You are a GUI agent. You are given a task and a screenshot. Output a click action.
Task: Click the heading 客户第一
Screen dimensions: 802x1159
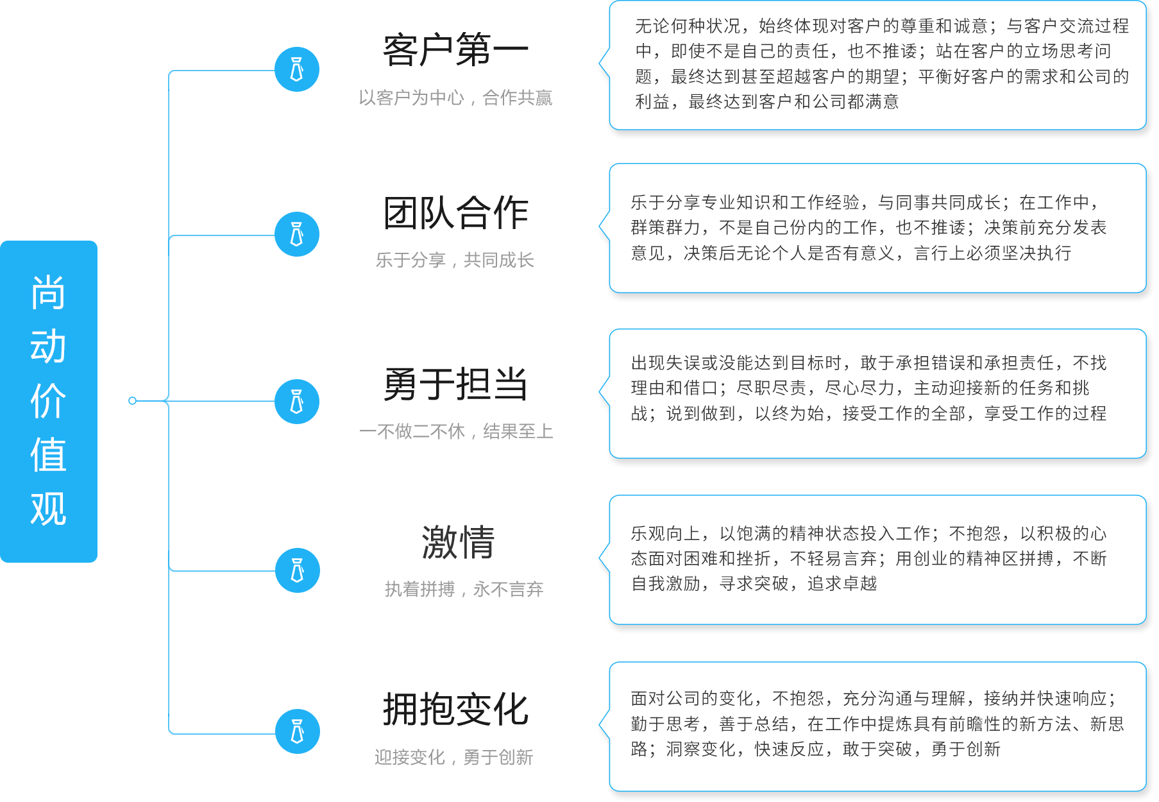[x=455, y=51]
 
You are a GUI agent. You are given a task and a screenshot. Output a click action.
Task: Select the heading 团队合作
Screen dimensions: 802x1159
[x=455, y=214]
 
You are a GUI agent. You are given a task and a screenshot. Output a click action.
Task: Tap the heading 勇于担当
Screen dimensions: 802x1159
[x=455, y=384]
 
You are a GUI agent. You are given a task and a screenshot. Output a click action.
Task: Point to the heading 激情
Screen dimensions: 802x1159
[x=458, y=542]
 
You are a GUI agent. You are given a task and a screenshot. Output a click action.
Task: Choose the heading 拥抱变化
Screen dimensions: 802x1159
[x=455, y=710]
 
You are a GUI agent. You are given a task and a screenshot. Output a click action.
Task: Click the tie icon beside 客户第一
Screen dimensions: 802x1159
[x=297, y=69]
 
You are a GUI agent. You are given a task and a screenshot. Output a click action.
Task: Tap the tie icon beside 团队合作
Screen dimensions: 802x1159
[x=297, y=234]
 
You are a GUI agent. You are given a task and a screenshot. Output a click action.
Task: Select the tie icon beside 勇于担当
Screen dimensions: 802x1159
[x=297, y=402]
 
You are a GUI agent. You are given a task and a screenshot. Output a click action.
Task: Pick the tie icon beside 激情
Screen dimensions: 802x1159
[x=298, y=570]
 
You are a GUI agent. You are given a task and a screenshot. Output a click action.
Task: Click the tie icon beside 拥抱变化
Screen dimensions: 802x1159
[x=298, y=731]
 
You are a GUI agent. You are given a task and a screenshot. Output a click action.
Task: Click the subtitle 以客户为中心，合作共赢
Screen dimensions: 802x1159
[x=455, y=98]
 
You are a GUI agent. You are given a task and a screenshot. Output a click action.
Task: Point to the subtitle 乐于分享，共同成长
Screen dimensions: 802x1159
[x=455, y=260]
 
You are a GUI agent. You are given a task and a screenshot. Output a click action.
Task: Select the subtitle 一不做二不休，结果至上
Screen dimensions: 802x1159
[x=456, y=431]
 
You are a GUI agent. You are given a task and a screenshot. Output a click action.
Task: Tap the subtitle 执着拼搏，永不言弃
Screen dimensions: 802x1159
[x=464, y=589]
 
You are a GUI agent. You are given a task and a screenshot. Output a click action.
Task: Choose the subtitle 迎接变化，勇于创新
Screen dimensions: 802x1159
[x=453, y=757]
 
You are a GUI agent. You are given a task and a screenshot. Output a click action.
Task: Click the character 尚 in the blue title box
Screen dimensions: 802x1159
[x=48, y=293]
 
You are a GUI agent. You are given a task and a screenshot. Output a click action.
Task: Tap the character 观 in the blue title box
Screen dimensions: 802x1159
[x=48, y=509]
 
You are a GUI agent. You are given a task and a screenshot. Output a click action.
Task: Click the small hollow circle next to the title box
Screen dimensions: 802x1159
[x=133, y=401]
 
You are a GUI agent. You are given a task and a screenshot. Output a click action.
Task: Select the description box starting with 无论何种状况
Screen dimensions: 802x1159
[x=877, y=65]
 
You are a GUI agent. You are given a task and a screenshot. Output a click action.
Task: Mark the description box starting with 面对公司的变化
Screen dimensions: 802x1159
[x=877, y=726]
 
